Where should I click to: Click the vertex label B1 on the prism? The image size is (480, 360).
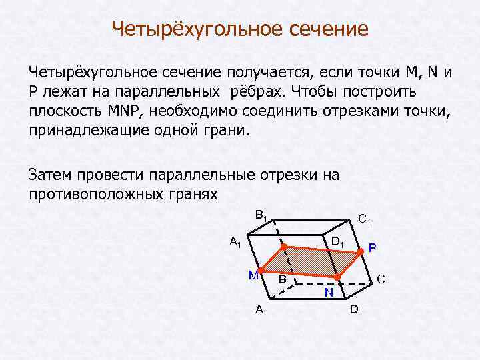[x=261, y=215]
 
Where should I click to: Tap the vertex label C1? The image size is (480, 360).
[x=365, y=218]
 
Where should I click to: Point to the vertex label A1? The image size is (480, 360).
[x=235, y=242]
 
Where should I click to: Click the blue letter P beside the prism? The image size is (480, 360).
[x=372, y=248]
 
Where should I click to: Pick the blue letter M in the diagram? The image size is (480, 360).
[x=253, y=275]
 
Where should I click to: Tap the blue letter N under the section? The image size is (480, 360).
[x=329, y=293]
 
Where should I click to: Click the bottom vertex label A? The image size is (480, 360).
[x=259, y=309]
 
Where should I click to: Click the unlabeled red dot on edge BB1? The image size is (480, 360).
[x=283, y=247]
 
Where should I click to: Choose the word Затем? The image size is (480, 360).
[x=52, y=175]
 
